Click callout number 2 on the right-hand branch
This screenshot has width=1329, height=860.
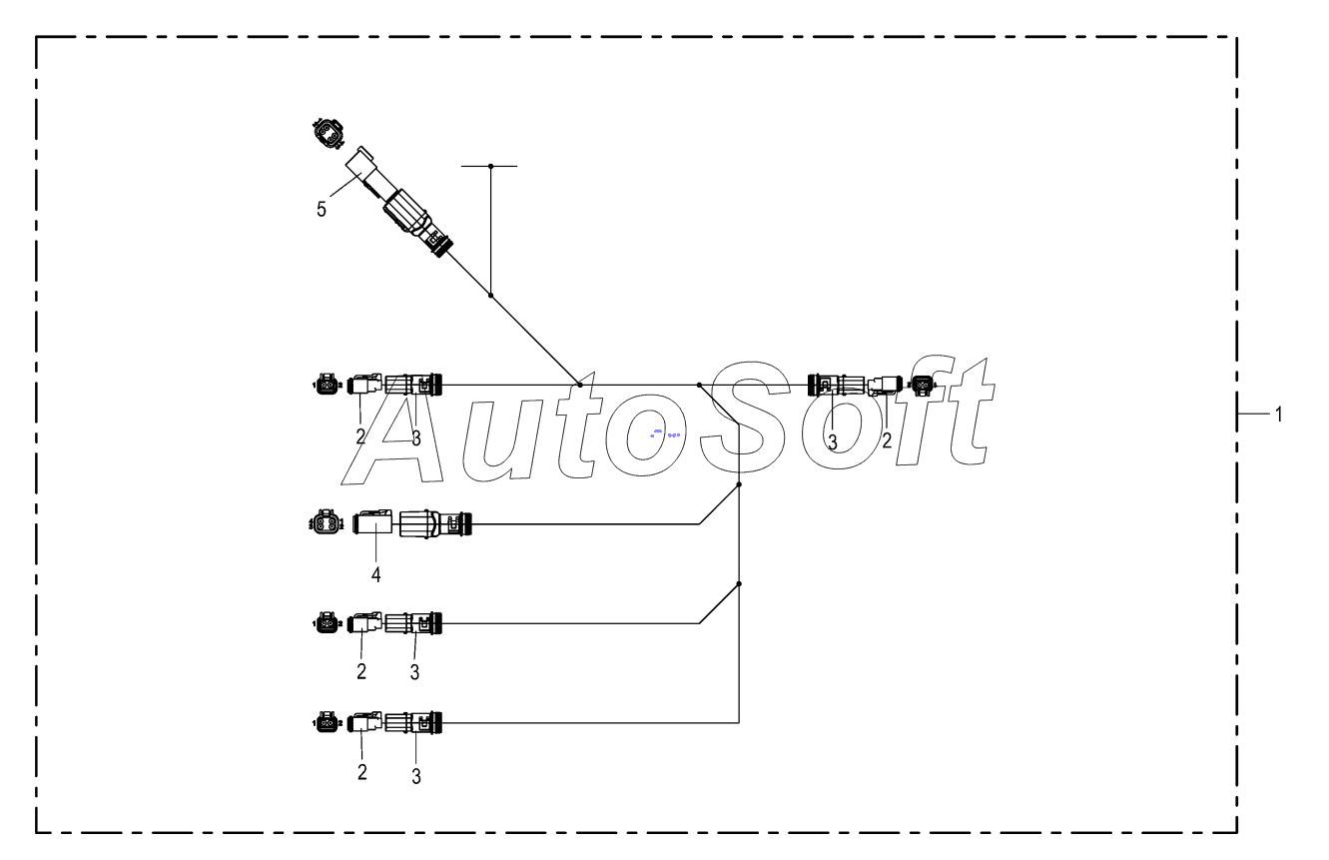pyautogui.click(x=887, y=439)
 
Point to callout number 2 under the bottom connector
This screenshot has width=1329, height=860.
pyautogui.click(x=361, y=772)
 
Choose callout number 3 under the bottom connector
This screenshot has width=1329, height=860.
pyautogui.click(x=415, y=774)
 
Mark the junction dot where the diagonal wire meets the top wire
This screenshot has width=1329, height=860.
pyautogui.click(x=579, y=384)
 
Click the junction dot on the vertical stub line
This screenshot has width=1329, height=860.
pyautogui.click(x=490, y=295)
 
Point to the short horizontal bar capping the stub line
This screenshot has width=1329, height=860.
pyautogui.click(x=490, y=166)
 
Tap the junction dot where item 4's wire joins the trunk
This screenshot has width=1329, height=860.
pyautogui.click(x=739, y=484)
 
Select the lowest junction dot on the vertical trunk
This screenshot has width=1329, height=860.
pyautogui.click(x=739, y=584)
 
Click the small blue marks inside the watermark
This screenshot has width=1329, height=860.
pyautogui.click(x=664, y=433)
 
